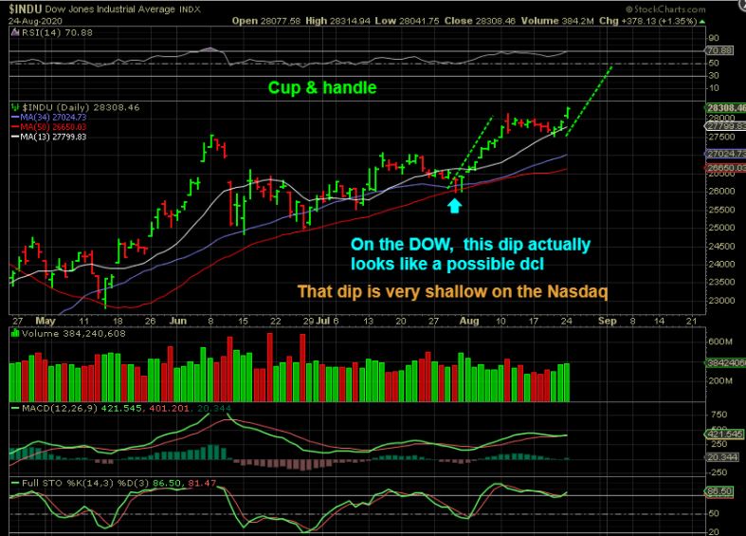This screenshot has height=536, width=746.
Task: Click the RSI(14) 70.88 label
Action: click(46, 30)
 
